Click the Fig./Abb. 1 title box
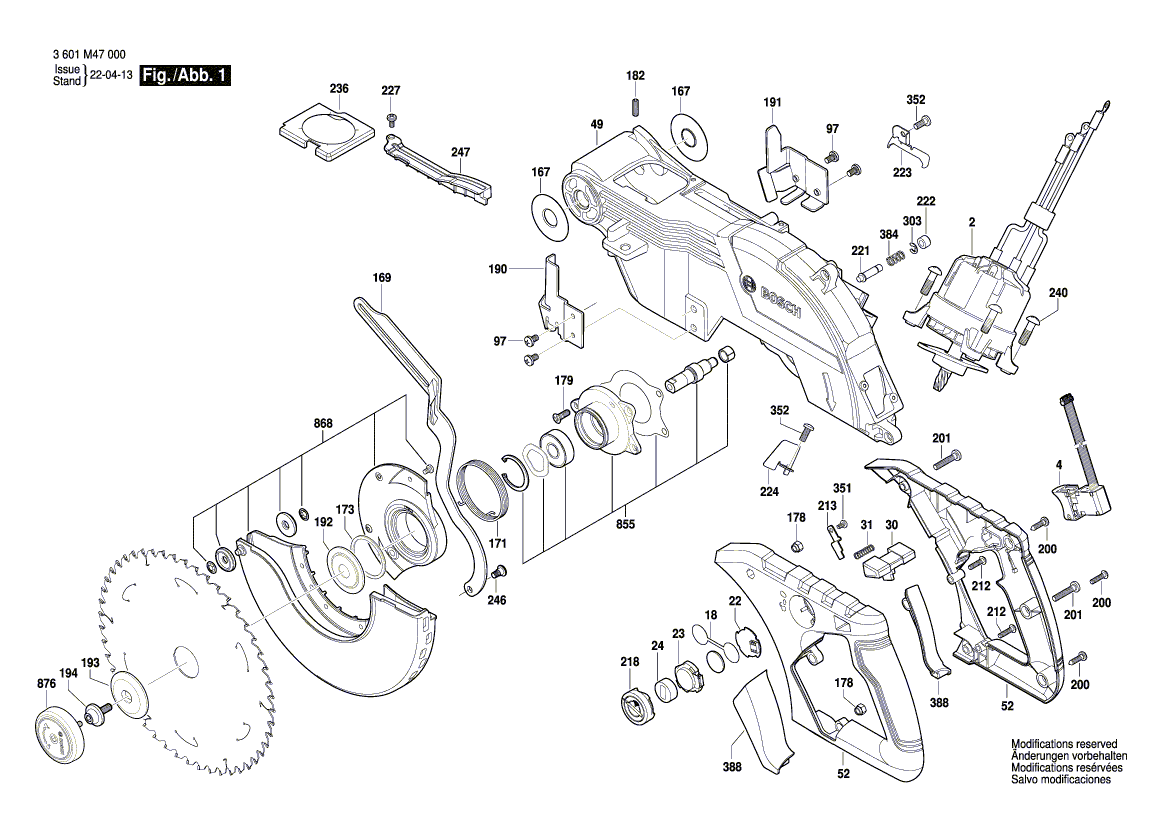[187, 76]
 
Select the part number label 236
[339, 89]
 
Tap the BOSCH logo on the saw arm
[780, 298]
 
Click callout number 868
[322, 423]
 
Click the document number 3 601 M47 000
[86, 56]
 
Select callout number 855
[625, 524]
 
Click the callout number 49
[597, 124]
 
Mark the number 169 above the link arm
[381, 277]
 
